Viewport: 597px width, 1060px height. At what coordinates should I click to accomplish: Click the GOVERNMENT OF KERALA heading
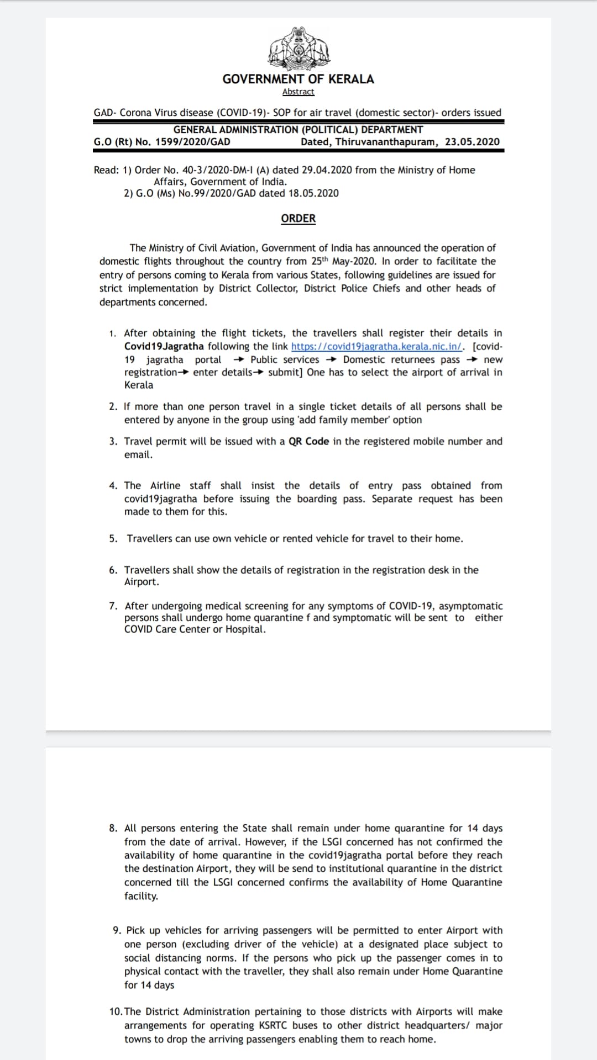(x=298, y=79)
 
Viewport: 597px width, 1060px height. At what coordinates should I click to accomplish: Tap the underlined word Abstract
(x=298, y=92)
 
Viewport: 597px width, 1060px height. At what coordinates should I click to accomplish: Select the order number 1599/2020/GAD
(x=193, y=142)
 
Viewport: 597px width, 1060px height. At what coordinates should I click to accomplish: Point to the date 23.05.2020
(x=472, y=142)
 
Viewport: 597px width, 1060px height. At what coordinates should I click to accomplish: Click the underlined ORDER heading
(x=298, y=219)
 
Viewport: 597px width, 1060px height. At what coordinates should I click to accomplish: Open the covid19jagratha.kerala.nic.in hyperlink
(x=378, y=347)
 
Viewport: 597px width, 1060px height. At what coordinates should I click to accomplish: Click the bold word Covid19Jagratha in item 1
(x=164, y=347)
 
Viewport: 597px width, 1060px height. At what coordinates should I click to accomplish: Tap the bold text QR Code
(x=308, y=442)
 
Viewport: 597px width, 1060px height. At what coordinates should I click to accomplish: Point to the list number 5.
(x=113, y=539)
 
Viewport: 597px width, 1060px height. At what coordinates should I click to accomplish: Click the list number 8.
(x=113, y=828)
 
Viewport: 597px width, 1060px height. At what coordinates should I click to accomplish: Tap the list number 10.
(x=116, y=1011)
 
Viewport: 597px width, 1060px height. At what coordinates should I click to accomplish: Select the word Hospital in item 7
(x=245, y=629)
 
